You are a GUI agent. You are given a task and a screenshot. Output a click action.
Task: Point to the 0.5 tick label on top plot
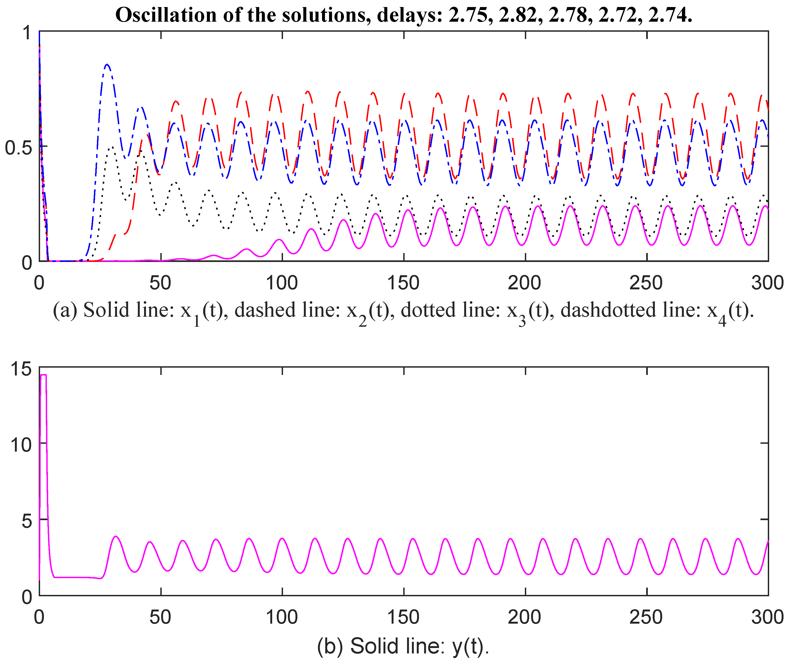click(18, 147)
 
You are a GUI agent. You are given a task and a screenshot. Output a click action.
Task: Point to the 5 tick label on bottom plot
click(26, 521)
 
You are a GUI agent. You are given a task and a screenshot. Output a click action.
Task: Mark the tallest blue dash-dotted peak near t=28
click(107, 65)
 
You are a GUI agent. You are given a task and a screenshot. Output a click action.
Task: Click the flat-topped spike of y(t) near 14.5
click(43, 375)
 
